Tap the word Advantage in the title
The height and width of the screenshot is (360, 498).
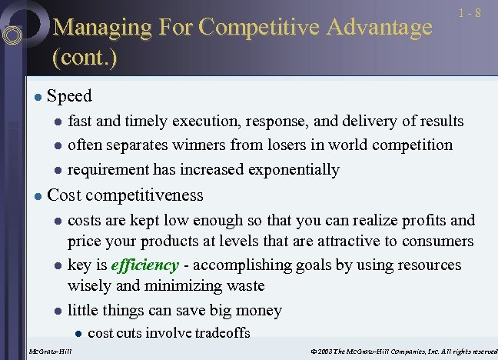click(x=379, y=28)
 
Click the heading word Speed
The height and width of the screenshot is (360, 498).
click(x=69, y=96)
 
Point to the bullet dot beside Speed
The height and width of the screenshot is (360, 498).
click(x=36, y=97)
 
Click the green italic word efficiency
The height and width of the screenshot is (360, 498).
click(x=145, y=265)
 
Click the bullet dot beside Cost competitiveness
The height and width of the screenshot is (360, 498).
click(x=36, y=196)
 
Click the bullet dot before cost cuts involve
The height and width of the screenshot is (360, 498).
click(x=78, y=333)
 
